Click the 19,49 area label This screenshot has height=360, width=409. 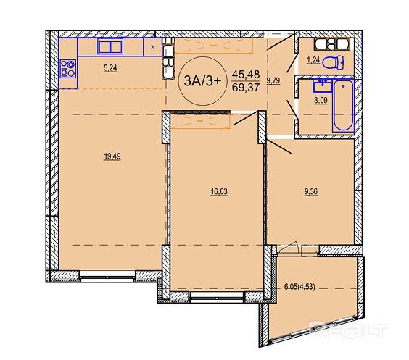point(112,156)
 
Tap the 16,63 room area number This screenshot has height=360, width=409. point(219,192)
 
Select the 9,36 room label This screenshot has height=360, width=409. point(310,192)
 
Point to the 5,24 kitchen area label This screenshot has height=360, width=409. point(110,68)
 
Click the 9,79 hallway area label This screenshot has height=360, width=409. point(273,80)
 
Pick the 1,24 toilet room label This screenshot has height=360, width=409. point(313,60)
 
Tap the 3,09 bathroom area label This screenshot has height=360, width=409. point(321,100)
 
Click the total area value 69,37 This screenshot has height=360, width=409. point(246,88)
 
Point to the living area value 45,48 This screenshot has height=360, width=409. point(246,75)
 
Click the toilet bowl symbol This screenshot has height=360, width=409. point(333,63)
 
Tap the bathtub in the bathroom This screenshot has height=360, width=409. point(343,105)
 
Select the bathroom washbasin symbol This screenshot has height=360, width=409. point(323,85)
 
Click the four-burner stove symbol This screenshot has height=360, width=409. point(68,69)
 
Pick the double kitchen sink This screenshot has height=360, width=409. point(110,47)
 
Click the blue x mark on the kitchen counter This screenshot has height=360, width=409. point(153,47)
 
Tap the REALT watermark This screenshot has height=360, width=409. point(348,330)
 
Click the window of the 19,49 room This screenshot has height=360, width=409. point(107,276)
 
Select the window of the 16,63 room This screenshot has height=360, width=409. point(217,297)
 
